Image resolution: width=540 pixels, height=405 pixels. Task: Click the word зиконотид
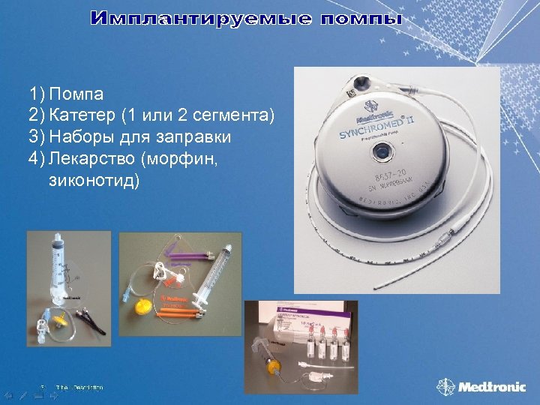pyautogui.click(x=94, y=181)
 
